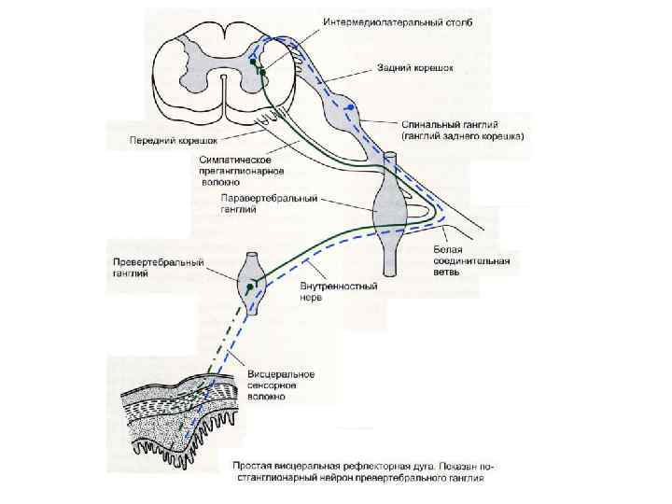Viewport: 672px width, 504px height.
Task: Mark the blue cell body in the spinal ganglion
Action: (350, 108)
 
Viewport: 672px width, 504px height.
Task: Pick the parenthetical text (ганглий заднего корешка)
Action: (463, 136)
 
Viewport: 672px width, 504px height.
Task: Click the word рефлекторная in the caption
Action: (371, 465)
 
